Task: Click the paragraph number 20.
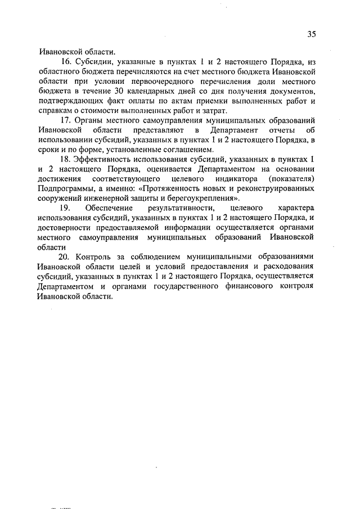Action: tap(66, 256)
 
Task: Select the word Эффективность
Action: tap(104, 160)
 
